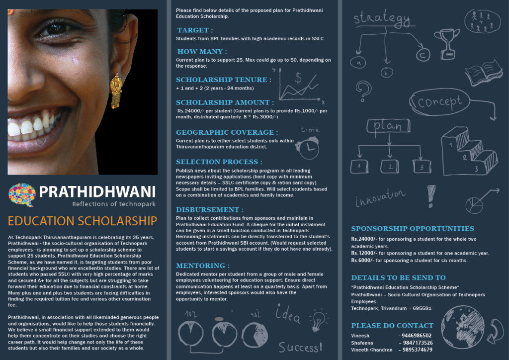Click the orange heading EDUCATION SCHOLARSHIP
83,221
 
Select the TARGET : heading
195,30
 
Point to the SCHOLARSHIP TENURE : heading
224,80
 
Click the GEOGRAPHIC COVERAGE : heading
227,132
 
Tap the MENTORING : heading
202,266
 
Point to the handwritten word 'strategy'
382,19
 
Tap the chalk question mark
364,91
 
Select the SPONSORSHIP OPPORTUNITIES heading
413,229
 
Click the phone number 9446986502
416,336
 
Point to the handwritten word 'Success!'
299,347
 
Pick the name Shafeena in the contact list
362,343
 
